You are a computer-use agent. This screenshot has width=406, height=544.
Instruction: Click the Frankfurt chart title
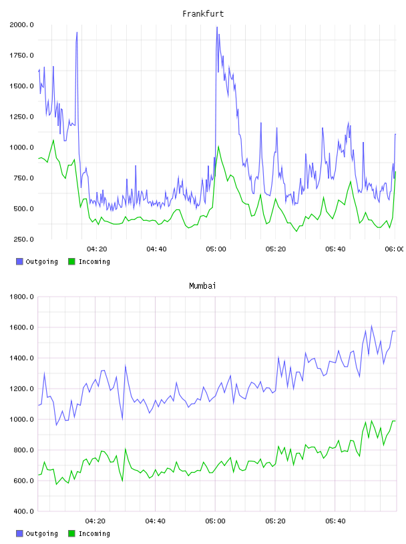[x=203, y=14]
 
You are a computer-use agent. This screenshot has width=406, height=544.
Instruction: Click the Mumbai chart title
[x=202, y=286]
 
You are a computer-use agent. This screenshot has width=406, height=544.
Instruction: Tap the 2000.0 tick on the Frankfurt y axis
[x=21, y=25]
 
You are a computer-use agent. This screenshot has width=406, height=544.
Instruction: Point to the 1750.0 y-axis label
[x=21, y=55]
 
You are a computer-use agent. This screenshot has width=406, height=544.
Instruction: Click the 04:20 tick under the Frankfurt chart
[x=97, y=249]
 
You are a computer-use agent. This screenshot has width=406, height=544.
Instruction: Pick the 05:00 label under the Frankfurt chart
[x=216, y=249]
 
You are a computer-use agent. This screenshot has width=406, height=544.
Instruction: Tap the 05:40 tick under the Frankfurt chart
[x=335, y=249]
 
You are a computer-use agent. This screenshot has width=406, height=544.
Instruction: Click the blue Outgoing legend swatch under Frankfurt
[x=19, y=261]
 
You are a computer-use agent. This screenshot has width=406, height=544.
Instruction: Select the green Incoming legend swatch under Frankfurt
[x=71, y=261]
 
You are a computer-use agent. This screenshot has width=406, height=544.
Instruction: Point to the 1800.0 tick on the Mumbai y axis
[x=21, y=297]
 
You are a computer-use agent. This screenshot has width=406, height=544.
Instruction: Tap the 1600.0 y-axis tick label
[x=21, y=327]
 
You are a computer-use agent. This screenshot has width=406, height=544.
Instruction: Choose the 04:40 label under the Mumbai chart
[x=156, y=521]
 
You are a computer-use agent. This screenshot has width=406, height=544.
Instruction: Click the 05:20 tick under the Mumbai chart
[x=275, y=521]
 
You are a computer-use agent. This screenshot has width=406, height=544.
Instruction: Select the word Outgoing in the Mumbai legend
[x=41, y=534]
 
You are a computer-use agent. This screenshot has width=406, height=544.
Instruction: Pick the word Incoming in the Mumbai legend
[x=94, y=534]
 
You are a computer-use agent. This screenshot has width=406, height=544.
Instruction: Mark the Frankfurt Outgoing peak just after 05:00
[x=217, y=27]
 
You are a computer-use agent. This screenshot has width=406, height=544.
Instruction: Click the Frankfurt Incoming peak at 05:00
[x=218, y=147]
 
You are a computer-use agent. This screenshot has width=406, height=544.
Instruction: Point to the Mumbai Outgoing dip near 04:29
[x=122, y=419]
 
